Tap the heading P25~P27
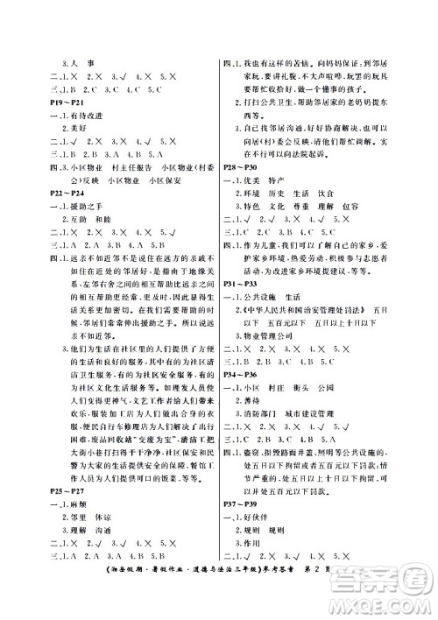(x=49, y=504)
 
